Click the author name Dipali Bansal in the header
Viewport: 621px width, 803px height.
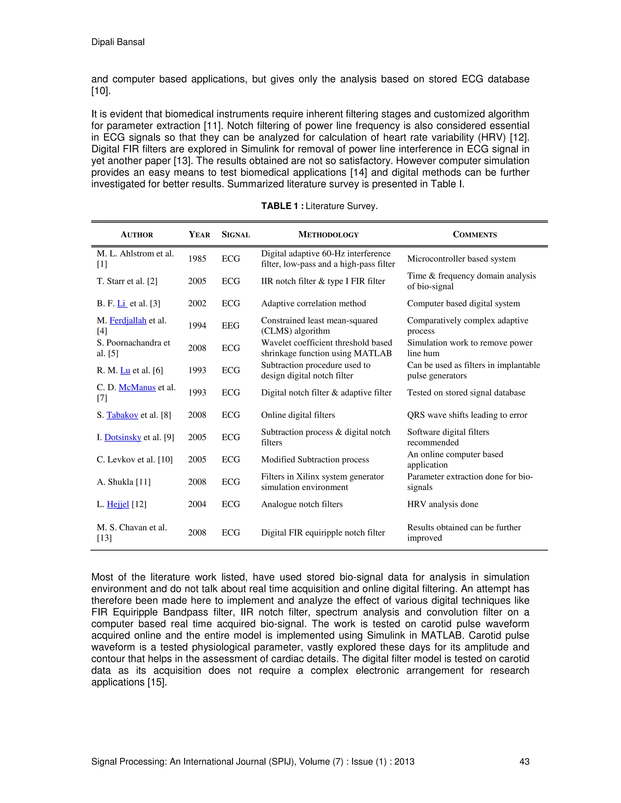click(118, 42)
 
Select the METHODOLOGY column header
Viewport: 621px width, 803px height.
click(328, 235)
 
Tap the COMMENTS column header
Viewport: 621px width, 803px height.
click(475, 235)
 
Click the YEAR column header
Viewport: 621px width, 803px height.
click(199, 235)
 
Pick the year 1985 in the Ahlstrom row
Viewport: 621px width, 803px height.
click(197, 259)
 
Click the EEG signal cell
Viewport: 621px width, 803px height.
click(230, 326)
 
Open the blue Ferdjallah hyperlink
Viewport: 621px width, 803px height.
click(128, 321)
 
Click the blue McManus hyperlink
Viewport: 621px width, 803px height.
click(137, 388)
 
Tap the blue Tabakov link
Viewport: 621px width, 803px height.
click(122, 415)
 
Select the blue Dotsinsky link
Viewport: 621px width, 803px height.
click(123, 438)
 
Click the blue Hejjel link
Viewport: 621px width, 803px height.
click(118, 505)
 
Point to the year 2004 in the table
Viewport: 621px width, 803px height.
click(197, 505)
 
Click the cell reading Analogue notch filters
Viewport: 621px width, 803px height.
click(302, 505)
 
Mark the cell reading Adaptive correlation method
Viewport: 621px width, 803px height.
click(314, 304)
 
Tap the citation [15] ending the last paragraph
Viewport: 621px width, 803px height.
click(157, 682)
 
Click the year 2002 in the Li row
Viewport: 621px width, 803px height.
click(197, 304)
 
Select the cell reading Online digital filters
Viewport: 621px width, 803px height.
click(298, 415)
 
